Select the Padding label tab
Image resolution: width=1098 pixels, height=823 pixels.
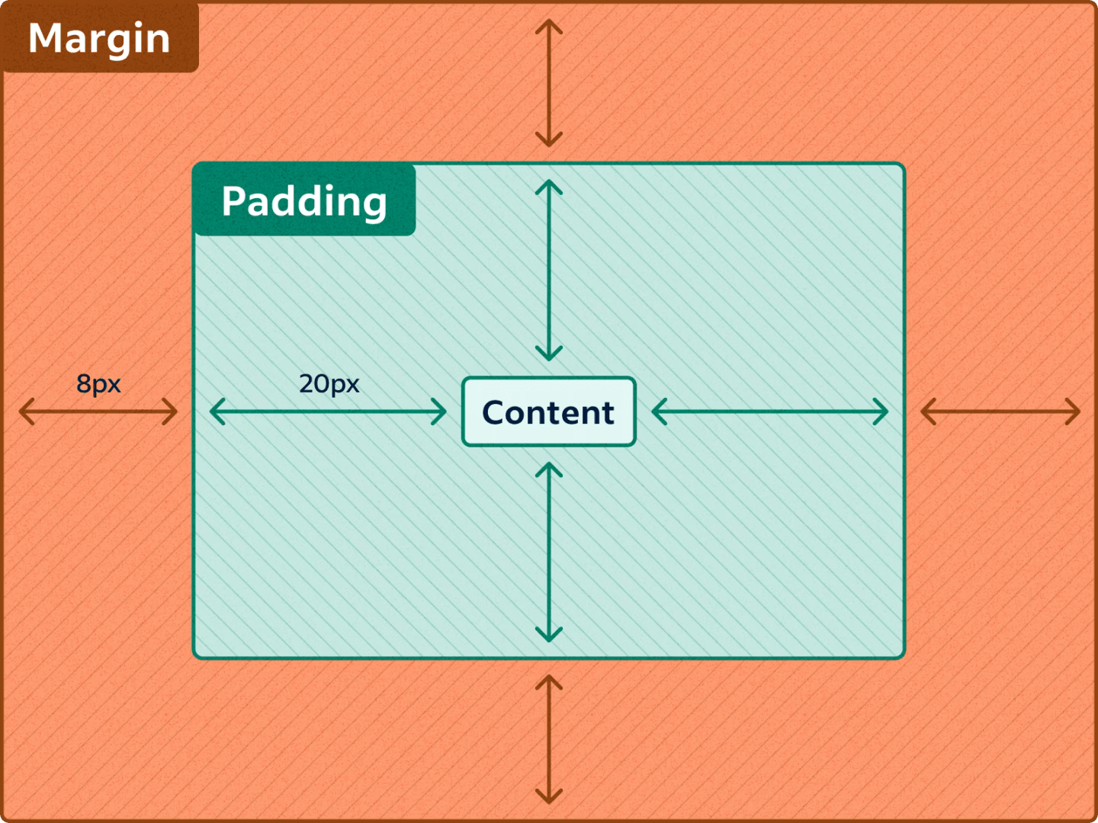click(x=304, y=200)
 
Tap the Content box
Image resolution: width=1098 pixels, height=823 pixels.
click(x=548, y=411)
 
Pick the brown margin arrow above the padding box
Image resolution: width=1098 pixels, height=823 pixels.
click(x=548, y=83)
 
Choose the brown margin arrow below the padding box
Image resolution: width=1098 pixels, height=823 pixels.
click(x=548, y=739)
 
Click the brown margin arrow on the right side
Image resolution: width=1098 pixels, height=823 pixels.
click(x=1000, y=411)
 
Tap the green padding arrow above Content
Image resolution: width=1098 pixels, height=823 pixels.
click(x=548, y=271)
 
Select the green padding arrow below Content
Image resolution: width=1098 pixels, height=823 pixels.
click(x=548, y=552)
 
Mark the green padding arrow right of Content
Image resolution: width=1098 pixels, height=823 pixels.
click(x=770, y=411)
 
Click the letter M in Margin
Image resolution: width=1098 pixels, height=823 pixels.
click(x=44, y=39)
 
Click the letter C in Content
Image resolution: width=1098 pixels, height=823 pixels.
click(x=494, y=412)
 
